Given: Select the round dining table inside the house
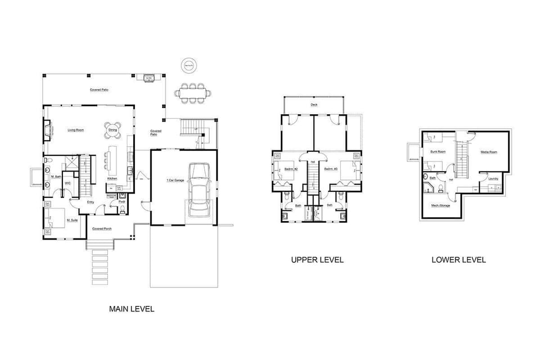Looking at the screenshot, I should click(x=113, y=130).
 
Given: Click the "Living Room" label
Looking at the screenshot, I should click(x=76, y=130).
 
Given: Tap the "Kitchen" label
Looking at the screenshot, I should click(x=112, y=178).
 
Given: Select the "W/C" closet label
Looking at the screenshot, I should click(x=67, y=183).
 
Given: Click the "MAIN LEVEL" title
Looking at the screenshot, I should click(x=131, y=309).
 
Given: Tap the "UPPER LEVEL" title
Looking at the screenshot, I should click(x=317, y=260).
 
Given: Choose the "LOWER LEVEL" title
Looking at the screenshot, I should click(x=458, y=260).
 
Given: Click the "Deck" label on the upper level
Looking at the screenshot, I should click(x=314, y=105).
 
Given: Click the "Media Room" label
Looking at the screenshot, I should click(x=488, y=152).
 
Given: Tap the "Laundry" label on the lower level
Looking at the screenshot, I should click(x=493, y=179).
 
